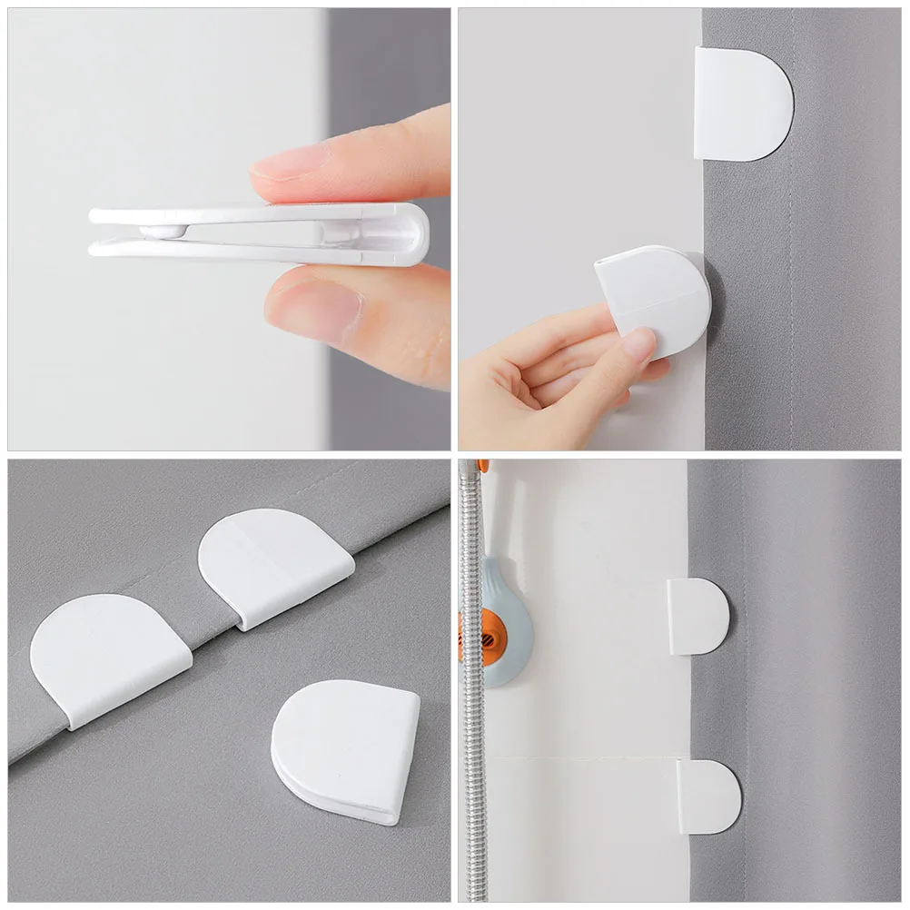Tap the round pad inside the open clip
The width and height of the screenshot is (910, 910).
164,232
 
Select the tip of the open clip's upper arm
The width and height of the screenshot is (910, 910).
96,215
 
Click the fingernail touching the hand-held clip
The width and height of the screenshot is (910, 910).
638,343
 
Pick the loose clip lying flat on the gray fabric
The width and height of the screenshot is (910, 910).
346,749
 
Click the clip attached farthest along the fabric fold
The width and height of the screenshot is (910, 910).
272,563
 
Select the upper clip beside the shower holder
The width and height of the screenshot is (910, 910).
697,616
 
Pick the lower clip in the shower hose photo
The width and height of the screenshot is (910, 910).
708,796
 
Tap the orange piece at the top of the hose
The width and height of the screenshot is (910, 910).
482,466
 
